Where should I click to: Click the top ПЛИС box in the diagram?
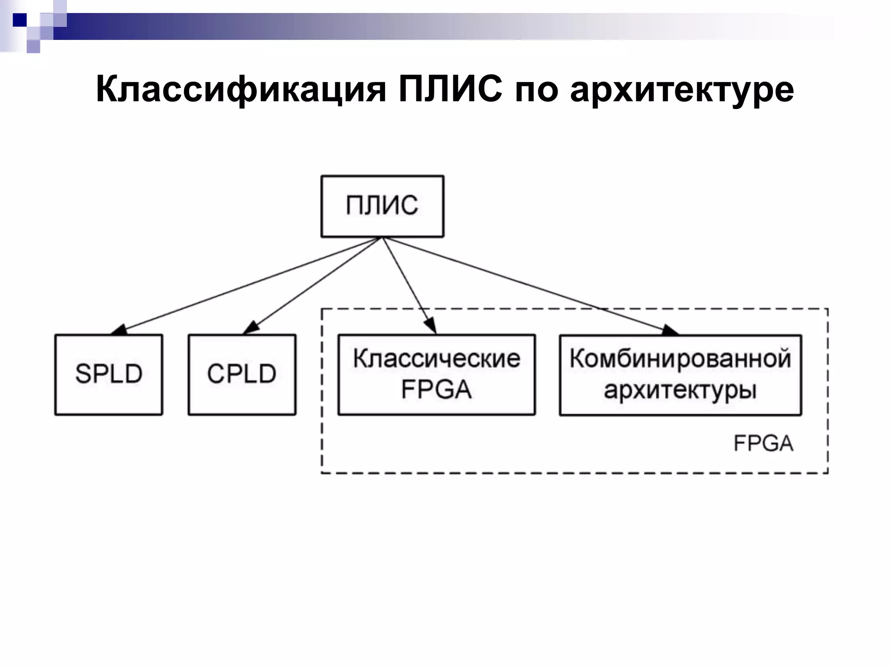[x=382, y=206]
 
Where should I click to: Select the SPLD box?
[x=109, y=374]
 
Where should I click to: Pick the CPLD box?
[x=242, y=374]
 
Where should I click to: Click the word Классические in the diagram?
[x=436, y=359]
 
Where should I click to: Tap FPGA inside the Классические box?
[x=436, y=390]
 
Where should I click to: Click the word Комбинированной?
[x=680, y=359]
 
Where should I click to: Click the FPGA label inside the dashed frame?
[x=763, y=444]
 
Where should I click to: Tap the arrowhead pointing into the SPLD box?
[x=118, y=330]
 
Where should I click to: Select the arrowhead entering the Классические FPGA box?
[x=431, y=326]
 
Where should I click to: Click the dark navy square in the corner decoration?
[x=20, y=20]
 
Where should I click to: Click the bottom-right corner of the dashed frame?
[x=827, y=472]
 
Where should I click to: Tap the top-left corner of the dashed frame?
[x=322, y=309]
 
